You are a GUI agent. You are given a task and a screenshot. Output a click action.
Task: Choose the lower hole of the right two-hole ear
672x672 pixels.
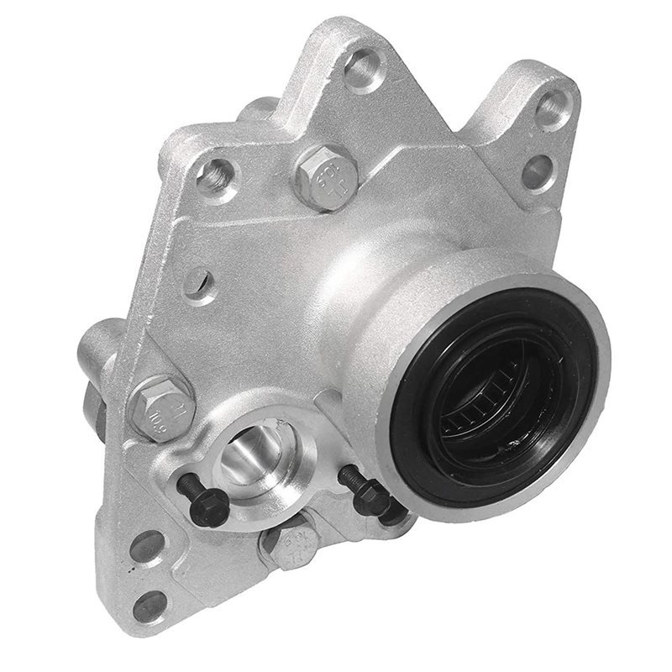pyautogui.click(x=537, y=171)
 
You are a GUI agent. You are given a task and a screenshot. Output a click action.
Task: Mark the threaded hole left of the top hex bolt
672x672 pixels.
pyautogui.click(x=216, y=176)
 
